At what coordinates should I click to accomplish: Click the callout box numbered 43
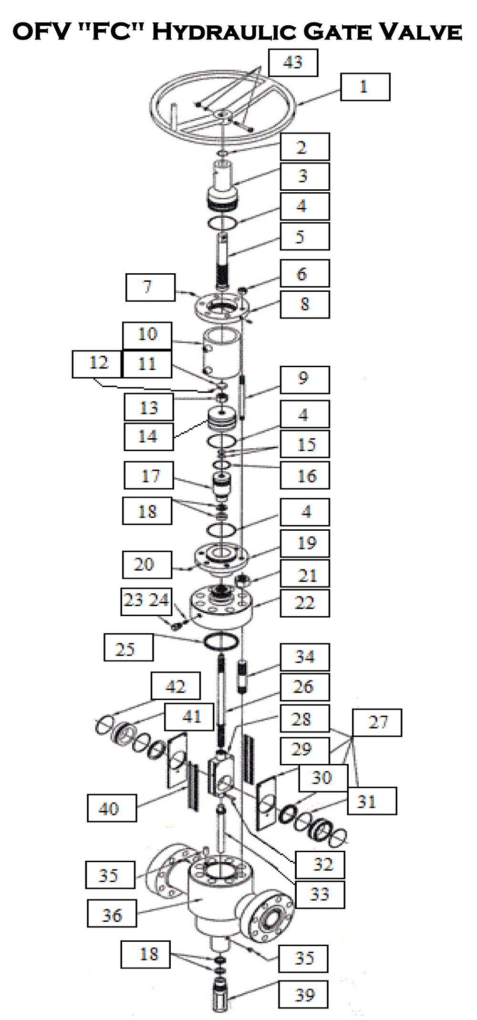pos(293,62)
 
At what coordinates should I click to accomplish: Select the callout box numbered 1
pos(365,87)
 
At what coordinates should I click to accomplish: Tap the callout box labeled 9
pos(304,380)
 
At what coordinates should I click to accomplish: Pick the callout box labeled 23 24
pos(146,601)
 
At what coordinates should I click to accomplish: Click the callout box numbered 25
pos(128,647)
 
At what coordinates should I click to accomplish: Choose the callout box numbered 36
pos(112,913)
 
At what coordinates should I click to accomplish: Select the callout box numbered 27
pos(377,722)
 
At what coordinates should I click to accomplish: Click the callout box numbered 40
pos(112,808)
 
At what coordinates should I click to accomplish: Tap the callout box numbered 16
pos(304,475)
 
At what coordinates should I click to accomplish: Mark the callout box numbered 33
pos(320,894)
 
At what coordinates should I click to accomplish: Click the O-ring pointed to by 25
pos(221,641)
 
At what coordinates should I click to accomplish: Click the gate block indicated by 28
pos(222,768)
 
